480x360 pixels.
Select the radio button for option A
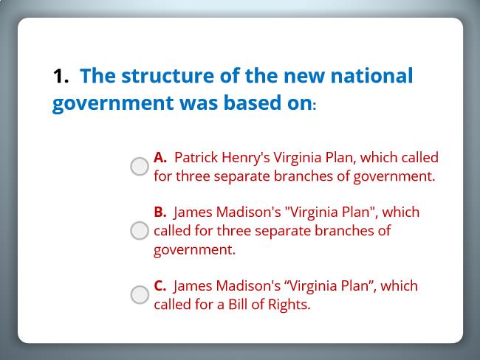click(140, 167)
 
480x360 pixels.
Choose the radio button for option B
click(140, 231)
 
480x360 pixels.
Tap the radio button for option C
click(140, 295)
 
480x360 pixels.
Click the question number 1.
click(61, 76)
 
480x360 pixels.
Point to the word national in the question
click(371, 75)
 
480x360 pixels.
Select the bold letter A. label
click(160, 157)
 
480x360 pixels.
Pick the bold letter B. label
click(160, 212)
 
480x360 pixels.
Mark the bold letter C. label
click(160, 285)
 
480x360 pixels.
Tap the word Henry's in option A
click(246, 159)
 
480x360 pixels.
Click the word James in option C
click(193, 286)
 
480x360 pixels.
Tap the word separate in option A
click(241, 177)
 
